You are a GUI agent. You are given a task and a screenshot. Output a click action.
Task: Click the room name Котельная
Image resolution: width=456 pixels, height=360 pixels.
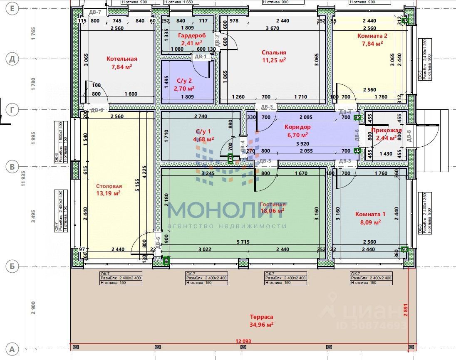pyautogui.click(x=121, y=59)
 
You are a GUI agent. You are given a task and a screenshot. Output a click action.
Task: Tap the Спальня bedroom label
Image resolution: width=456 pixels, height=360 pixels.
pyautogui.click(x=274, y=52)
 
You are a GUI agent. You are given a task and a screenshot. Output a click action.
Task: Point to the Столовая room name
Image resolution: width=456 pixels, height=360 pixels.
pyautogui.click(x=109, y=186)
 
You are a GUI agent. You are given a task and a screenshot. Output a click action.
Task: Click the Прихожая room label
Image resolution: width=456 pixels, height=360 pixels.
pyautogui.click(x=387, y=131)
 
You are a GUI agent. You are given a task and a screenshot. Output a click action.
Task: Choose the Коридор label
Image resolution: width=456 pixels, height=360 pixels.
pyautogui.click(x=297, y=127)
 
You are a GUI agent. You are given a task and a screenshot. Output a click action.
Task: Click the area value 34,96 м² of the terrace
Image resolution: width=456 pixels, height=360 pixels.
pyautogui.click(x=261, y=324)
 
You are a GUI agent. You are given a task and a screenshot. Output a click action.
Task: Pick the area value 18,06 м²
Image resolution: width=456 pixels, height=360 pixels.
pyautogui.click(x=272, y=211)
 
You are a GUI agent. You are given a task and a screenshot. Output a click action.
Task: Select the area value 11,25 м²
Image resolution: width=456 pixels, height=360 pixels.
pyautogui.click(x=274, y=60)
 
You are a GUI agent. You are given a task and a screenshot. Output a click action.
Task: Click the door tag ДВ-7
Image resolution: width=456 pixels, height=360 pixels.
pyautogui.click(x=95, y=13)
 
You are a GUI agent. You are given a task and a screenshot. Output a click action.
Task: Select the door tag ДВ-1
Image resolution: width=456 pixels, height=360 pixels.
pyautogui.click(x=201, y=57)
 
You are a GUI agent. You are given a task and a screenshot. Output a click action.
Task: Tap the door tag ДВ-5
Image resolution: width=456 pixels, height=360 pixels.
pyautogui.click(x=265, y=161)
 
